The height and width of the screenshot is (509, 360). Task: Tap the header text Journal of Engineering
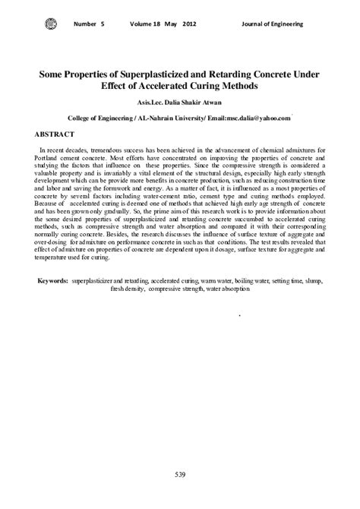click(x=273, y=24)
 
